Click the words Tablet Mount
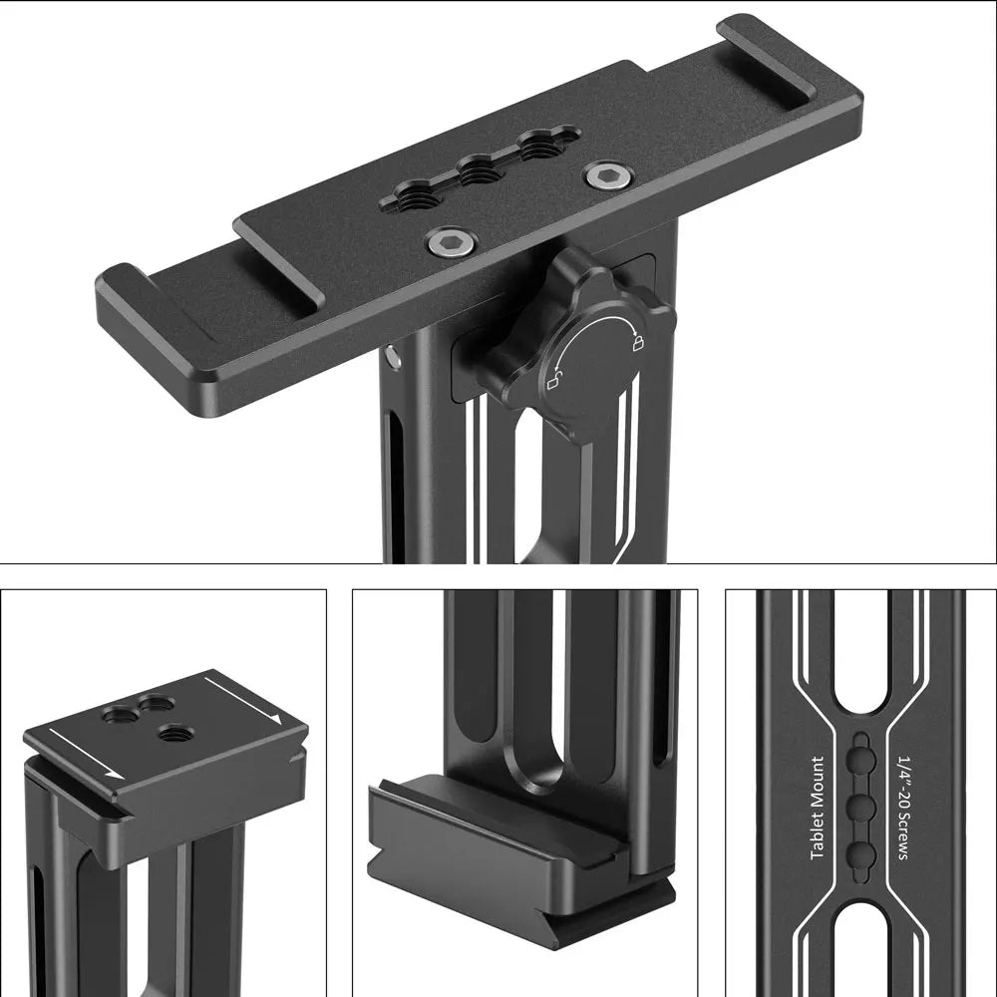pyautogui.click(x=818, y=809)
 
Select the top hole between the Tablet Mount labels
pyautogui.click(x=861, y=762)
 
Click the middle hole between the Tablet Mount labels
pyautogui.click(x=861, y=806)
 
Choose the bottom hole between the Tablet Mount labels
pyautogui.click(x=861, y=851)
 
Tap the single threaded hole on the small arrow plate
pyautogui.click(x=174, y=731)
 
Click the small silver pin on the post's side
pyautogui.click(x=396, y=356)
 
